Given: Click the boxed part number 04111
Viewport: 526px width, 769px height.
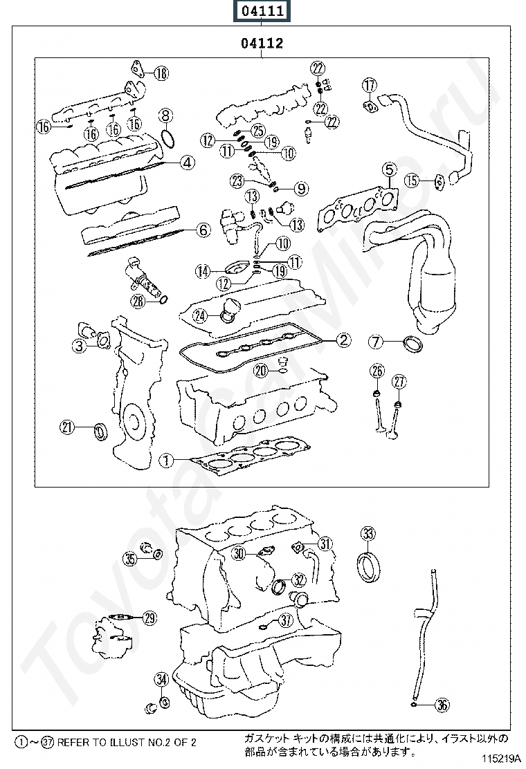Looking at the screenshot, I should pyautogui.click(x=262, y=12).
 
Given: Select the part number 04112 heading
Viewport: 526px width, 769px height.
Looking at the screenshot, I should pyautogui.click(x=262, y=44).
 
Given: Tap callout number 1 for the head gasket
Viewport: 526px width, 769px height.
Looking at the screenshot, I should pyautogui.click(x=165, y=458).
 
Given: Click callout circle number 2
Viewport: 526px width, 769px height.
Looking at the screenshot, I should pyautogui.click(x=343, y=340).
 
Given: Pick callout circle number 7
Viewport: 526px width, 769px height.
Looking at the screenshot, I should pyautogui.click(x=375, y=341).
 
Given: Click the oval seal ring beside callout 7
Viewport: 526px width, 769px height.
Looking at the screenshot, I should pyautogui.click(x=414, y=344).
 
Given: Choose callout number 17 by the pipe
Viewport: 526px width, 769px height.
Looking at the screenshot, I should pyautogui.click(x=370, y=85).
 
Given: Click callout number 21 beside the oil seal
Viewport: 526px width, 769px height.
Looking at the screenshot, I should pyautogui.click(x=66, y=427).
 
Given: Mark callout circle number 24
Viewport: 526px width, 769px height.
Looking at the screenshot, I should pyautogui.click(x=199, y=316).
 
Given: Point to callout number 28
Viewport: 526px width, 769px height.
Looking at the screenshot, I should pyautogui.click(x=138, y=300).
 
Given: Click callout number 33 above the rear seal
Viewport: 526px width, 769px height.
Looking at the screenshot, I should pyautogui.click(x=368, y=533).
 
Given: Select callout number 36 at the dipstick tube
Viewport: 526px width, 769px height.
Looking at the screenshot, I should pyautogui.click(x=442, y=705).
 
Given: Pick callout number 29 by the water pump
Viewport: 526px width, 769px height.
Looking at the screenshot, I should pyautogui.click(x=149, y=618).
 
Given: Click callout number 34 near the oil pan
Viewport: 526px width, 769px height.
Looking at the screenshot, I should pyautogui.click(x=162, y=680).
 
